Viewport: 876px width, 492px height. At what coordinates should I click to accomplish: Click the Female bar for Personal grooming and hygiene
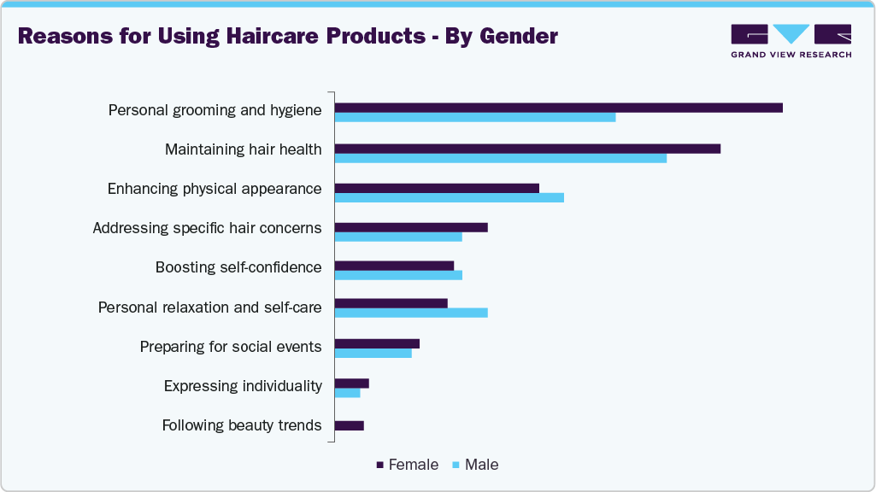(x=558, y=108)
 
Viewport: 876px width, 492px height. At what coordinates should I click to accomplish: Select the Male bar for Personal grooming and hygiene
(x=474, y=117)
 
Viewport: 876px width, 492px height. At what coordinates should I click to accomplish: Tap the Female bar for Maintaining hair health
(x=527, y=149)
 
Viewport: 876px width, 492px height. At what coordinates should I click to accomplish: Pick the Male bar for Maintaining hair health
(x=500, y=158)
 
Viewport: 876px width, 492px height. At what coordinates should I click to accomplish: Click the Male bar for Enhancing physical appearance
(x=449, y=198)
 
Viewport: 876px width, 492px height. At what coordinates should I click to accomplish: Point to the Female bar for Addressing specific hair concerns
(x=411, y=227)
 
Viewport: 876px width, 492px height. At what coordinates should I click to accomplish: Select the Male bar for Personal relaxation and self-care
(x=411, y=313)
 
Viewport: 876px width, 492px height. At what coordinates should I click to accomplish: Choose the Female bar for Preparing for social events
(x=377, y=343)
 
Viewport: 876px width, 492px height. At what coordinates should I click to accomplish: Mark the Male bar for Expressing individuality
(x=347, y=393)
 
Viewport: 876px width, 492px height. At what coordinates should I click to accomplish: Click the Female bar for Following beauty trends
(x=350, y=425)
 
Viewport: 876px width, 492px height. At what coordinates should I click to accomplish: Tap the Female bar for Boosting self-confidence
(x=394, y=266)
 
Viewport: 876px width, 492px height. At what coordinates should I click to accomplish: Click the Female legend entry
(x=408, y=466)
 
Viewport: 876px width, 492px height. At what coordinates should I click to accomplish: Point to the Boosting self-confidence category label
(x=238, y=267)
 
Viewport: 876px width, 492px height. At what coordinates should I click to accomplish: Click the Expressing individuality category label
(x=243, y=386)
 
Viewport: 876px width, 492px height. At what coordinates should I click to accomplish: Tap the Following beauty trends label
(x=242, y=425)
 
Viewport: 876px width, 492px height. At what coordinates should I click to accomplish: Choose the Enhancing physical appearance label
(x=215, y=189)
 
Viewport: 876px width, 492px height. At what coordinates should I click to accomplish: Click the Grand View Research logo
(x=791, y=41)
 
